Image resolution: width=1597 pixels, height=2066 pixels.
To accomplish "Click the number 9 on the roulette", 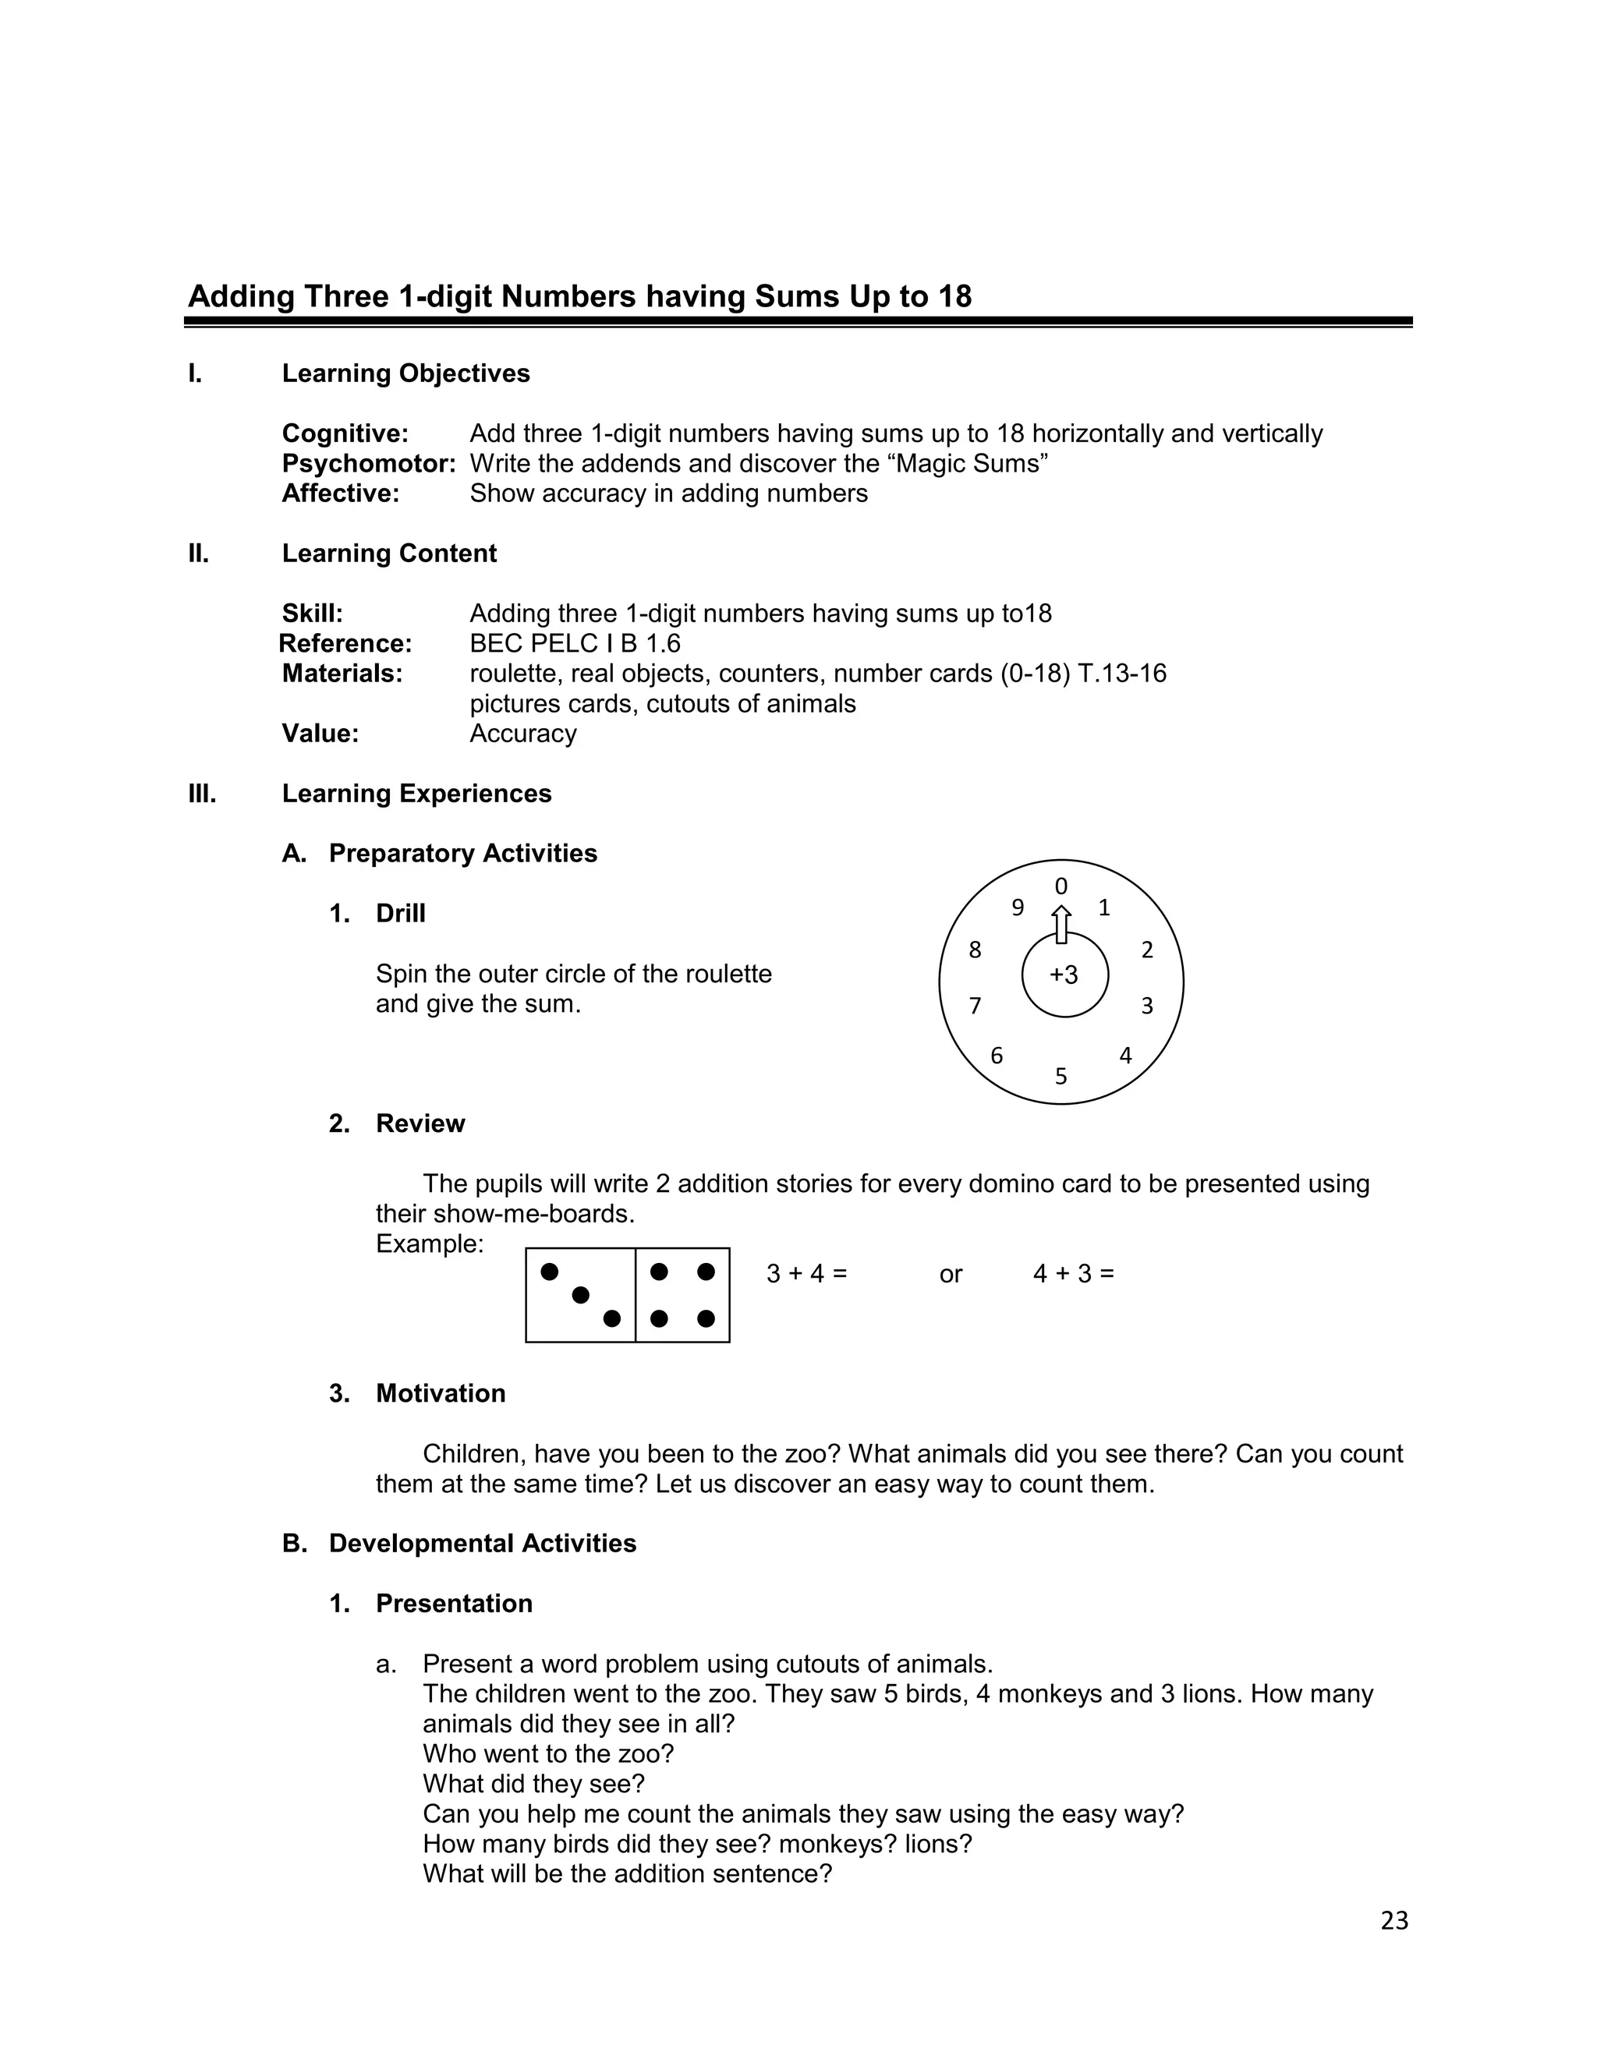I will tap(1017, 907).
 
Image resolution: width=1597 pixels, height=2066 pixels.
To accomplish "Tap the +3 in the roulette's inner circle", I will tap(1064, 975).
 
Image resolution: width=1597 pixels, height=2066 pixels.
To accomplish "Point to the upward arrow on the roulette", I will tap(1061, 924).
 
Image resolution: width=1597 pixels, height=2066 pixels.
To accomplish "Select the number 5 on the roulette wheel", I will tap(1061, 1077).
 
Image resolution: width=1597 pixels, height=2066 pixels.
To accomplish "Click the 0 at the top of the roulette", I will tap(1061, 886).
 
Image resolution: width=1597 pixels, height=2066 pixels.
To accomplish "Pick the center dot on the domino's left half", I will tap(581, 1294).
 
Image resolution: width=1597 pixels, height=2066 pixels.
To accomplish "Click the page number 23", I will tap(1393, 1920).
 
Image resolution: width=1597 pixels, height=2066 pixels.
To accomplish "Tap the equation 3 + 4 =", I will tap(806, 1273).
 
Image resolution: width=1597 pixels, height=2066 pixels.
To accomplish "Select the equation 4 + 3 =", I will tap(1073, 1273).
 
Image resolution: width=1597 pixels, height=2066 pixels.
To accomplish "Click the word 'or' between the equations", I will tap(950, 1274).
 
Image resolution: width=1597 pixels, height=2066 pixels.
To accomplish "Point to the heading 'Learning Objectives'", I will tap(405, 373).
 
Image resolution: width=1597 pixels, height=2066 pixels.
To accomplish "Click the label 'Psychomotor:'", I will tap(368, 464).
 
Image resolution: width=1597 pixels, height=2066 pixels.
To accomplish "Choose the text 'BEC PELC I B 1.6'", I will tap(574, 643).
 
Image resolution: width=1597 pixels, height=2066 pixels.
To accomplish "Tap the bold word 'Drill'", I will tap(400, 913).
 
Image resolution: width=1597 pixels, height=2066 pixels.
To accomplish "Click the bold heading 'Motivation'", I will tap(440, 1392).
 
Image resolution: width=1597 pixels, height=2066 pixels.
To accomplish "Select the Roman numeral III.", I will tap(201, 793).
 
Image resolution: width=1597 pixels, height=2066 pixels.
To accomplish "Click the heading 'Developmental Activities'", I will tap(482, 1543).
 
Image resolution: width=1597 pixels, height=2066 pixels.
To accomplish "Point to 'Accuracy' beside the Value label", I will tap(522, 733).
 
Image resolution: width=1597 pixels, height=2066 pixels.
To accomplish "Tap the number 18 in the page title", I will tap(954, 296).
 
